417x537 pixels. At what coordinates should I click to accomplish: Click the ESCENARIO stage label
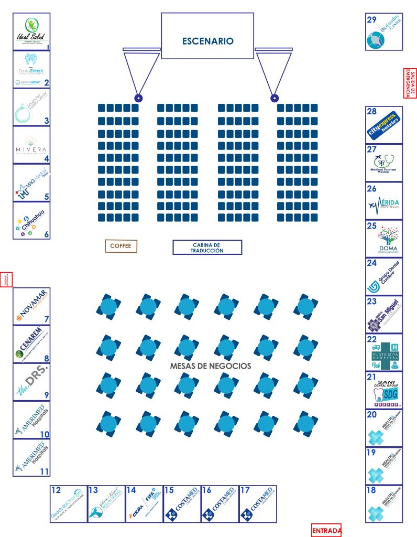207,41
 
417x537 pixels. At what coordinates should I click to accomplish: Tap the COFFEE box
120,246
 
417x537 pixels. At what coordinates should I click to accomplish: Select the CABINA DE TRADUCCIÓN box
207,248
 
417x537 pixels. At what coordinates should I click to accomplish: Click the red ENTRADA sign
326,531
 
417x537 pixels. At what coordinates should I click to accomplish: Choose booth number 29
372,20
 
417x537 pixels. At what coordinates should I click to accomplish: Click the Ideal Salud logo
31,31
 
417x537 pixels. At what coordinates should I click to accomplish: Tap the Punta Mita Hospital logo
384,352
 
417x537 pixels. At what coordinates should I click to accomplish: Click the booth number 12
56,490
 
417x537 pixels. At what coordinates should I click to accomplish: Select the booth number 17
245,490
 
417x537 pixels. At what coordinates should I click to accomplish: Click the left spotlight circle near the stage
138,98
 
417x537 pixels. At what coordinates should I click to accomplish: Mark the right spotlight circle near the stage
273,98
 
